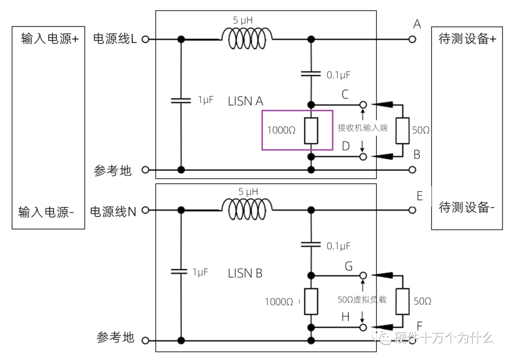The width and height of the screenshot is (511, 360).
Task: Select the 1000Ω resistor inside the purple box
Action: tap(311, 130)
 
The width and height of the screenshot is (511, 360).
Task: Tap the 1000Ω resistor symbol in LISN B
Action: tap(311, 301)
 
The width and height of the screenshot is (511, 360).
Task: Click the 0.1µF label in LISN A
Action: tap(338, 75)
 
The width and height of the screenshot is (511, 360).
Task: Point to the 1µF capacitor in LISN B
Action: tap(180, 272)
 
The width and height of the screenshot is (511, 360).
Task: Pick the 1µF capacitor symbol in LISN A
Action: tap(180, 100)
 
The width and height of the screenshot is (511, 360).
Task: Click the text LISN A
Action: tap(246, 101)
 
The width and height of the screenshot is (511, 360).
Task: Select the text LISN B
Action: tap(246, 273)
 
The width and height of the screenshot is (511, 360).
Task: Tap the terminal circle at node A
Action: tap(412, 39)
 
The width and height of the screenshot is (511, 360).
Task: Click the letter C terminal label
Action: tap(345, 94)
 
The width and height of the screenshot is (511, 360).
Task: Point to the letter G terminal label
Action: tap(348, 266)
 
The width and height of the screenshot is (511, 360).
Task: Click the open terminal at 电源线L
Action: tap(145, 39)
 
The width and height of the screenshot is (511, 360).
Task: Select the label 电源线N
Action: tap(113, 211)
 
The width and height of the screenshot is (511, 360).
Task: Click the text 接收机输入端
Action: tap(362, 128)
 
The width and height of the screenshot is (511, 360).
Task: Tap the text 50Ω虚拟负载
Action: tap(362, 299)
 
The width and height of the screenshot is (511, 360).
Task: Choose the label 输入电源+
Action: tap(50, 39)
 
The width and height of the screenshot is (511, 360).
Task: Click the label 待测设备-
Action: tap(467, 207)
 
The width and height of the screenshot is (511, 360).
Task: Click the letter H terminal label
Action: tap(345, 317)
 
